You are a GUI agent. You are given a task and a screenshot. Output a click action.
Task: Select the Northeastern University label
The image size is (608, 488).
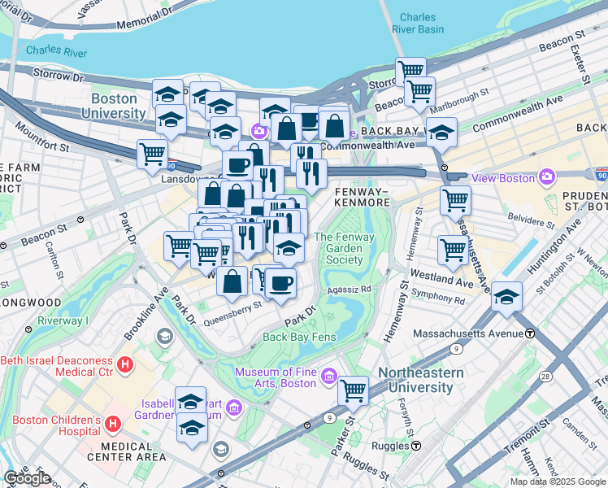click(x=419, y=380)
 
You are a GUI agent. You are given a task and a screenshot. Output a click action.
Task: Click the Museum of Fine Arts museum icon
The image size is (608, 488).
click(x=328, y=375)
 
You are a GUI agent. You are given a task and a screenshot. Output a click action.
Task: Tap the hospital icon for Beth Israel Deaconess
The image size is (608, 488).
click(x=124, y=364)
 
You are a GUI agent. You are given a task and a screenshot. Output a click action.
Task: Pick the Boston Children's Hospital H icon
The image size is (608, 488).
click(x=112, y=423)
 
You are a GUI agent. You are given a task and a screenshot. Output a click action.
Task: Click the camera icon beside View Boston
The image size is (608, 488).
click(x=546, y=176)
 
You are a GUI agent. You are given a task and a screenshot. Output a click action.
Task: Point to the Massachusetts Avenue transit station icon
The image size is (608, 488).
click(x=530, y=333)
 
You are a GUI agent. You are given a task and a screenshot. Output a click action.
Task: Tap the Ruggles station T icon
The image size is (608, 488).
click(x=416, y=446)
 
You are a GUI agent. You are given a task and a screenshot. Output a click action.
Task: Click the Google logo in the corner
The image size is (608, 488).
click(x=27, y=478)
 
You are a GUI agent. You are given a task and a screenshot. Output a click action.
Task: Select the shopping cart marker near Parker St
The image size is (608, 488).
click(x=353, y=390)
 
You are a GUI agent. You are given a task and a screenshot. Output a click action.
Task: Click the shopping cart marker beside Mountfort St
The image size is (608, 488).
click(x=152, y=153)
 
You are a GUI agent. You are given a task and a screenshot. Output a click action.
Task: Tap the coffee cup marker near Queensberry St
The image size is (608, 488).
click(x=281, y=283)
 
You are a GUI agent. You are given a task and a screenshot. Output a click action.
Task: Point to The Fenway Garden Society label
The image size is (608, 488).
click(x=338, y=248)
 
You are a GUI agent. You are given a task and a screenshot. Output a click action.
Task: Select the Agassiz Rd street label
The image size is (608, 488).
click(x=349, y=288)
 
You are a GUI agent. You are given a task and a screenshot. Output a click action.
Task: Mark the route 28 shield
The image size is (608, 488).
click(x=545, y=377)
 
